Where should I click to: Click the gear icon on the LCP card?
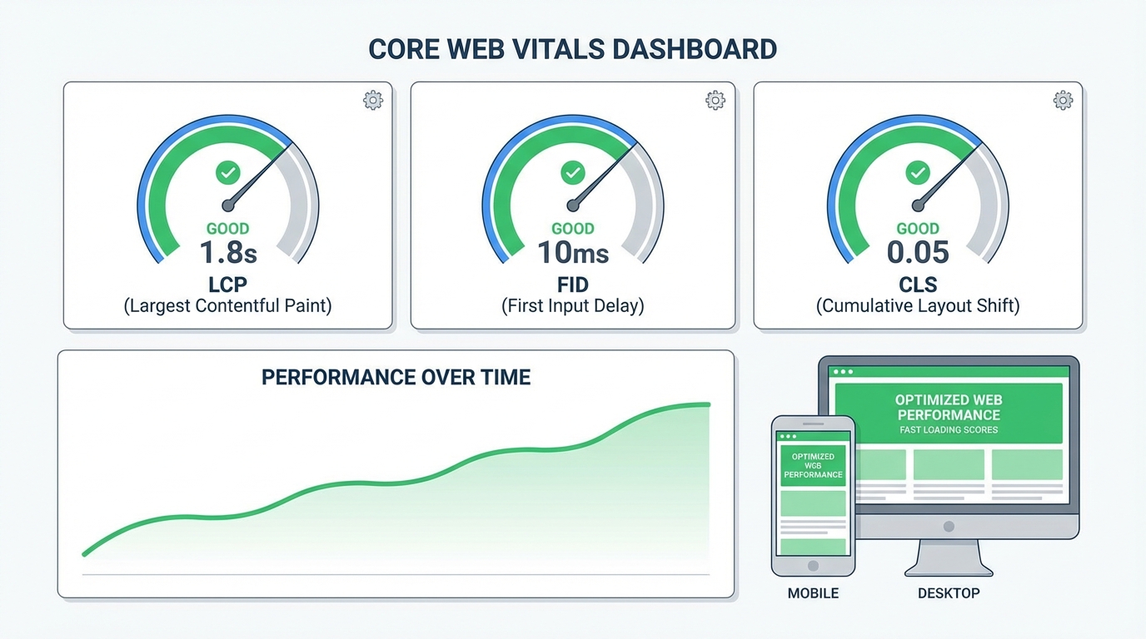[x=373, y=101]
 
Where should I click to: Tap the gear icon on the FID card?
[x=715, y=101]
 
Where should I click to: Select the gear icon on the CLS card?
[x=1063, y=101]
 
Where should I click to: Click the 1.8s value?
[x=227, y=252]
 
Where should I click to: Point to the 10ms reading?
[x=573, y=252]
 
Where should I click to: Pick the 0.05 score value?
[x=918, y=252]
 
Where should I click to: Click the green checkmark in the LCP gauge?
[x=227, y=173]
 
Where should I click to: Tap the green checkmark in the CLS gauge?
[x=918, y=173]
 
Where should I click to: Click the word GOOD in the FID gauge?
[x=573, y=229]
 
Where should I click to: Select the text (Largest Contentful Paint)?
[x=227, y=306]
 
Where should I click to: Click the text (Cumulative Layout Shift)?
[x=918, y=306]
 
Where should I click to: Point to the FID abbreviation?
[x=573, y=285]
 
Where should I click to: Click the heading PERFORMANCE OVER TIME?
[x=396, y=378]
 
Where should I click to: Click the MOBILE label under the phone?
[x=813, y=593]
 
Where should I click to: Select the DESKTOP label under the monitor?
[x=949, y=593]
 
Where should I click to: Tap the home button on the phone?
[x=813, y=566]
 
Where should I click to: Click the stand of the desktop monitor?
[x=949, y=557]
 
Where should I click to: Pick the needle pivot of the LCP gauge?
[x=228, y=206]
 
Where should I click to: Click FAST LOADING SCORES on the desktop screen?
[x=949, y=430]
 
